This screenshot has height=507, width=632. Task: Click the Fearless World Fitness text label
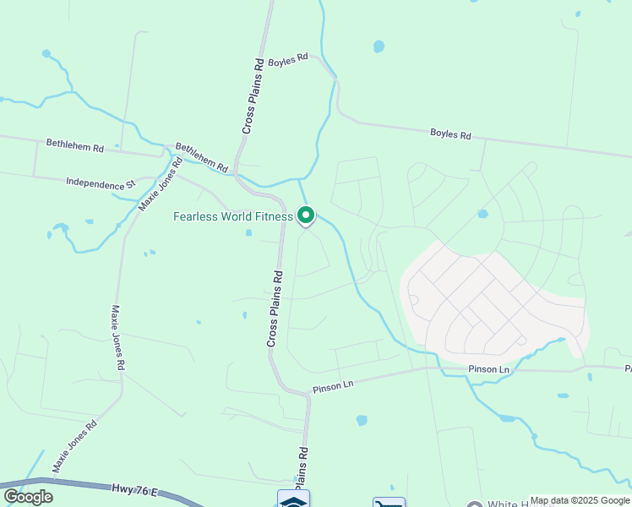click(232, 216)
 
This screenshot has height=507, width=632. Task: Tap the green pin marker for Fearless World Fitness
click(307, 215)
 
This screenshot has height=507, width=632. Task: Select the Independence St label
click(101, 182)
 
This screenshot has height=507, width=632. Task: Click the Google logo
click(28, 496)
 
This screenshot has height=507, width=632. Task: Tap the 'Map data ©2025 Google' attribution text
click(580, 500)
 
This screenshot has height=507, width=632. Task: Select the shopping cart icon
click(389, 503)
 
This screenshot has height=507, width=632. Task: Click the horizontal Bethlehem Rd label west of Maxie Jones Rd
click(74, 146)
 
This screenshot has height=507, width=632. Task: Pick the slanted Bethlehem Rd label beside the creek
click(202, 157)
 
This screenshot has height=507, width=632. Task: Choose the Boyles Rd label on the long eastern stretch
click(450, 134)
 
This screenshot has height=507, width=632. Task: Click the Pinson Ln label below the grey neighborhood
click(489, 370)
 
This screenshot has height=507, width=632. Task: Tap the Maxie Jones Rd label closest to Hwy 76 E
click(74, 447)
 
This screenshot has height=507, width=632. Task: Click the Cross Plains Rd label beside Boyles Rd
click(253, 95)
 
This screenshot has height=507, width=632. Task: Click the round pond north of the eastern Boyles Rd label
click(379, 46)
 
